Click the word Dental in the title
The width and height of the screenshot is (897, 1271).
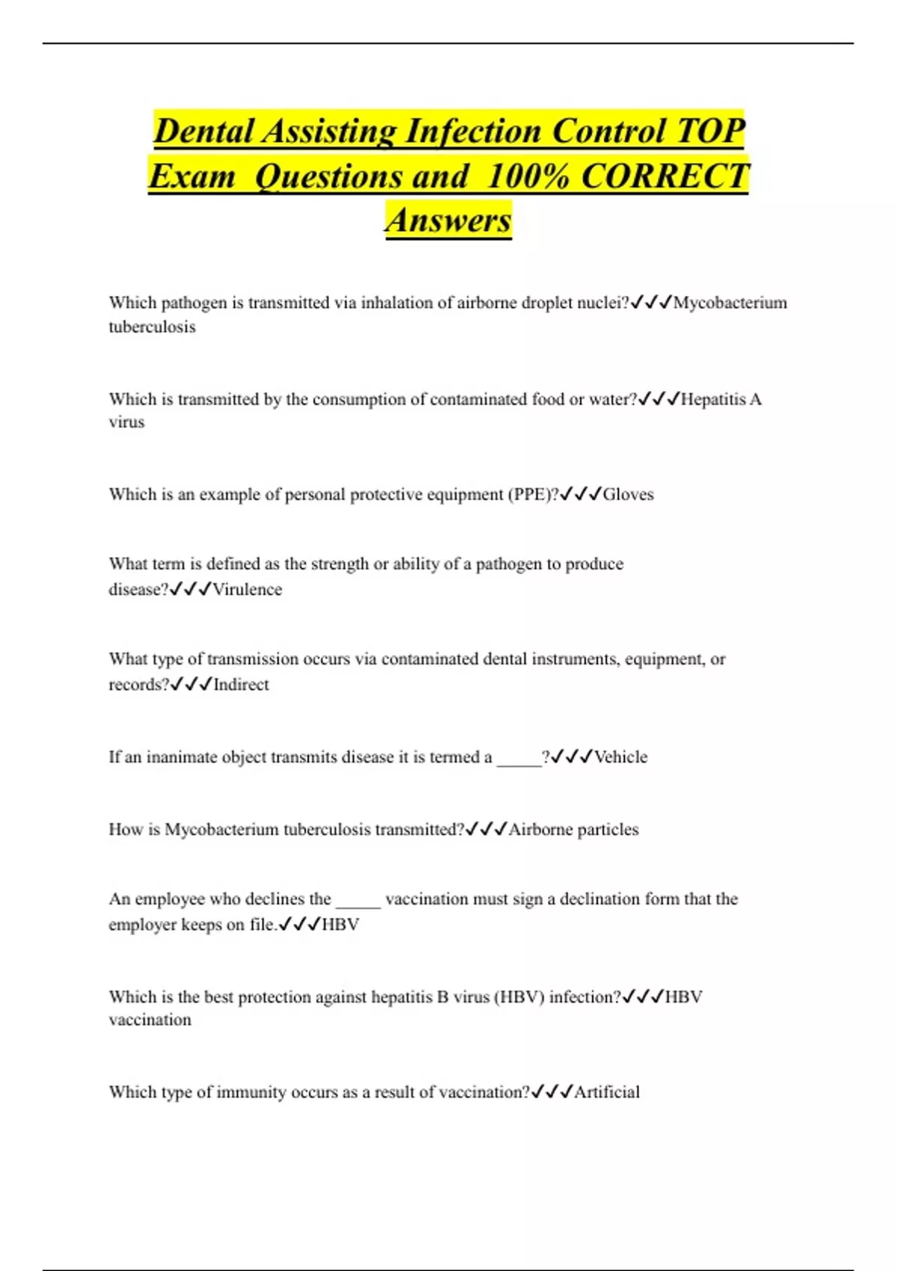point(203,132)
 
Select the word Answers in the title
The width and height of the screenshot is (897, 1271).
point(449,221)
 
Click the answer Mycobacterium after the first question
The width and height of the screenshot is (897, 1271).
point(730,303)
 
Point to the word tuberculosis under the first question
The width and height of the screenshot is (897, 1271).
point(152,327)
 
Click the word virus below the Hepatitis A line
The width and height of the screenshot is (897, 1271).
point(126,422)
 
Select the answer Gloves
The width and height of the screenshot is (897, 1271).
point(628,494)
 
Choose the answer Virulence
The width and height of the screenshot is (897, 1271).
point(247,589)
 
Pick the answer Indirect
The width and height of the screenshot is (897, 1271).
point(241,684)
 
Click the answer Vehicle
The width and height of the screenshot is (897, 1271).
point(620,757)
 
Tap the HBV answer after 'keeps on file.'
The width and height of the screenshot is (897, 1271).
point(340,925)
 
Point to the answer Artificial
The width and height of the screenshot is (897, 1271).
point(606,1092)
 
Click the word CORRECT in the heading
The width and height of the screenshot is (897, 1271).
point(665,176)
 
